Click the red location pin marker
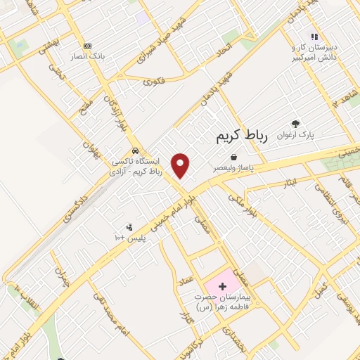click(x=181, y=165)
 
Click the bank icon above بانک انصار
click(x=87, y=46)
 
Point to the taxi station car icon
click(x=135, y=150)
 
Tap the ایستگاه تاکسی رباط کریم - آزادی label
click(x=136, y=166)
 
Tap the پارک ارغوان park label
click(x=295, y=134)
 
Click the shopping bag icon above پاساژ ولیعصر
click(x=233, y=158)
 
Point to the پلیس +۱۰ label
click(x=129, y=238)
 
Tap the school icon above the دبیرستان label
click(x=314, y=37)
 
